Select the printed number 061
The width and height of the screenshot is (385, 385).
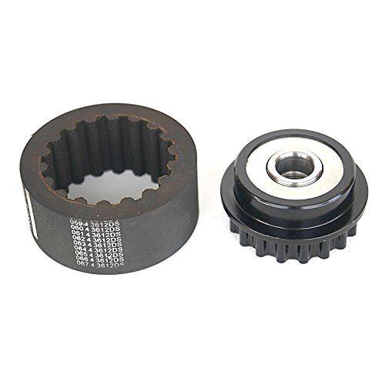(76, 236)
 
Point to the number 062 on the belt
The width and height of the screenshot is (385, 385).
(77, 242)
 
